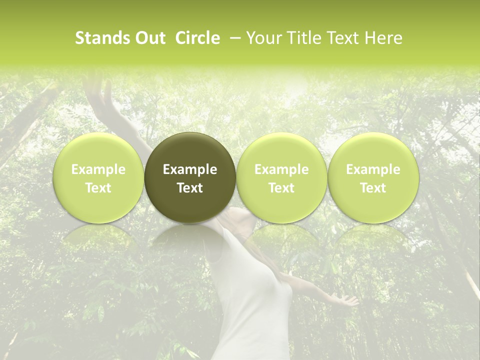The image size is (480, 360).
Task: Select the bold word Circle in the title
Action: click(197, 38)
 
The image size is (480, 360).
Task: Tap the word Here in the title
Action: click(382, 38)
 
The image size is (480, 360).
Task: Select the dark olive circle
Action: click(190, 177)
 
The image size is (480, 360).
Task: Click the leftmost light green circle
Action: click(98, 177)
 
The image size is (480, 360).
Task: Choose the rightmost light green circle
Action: click(373, 177)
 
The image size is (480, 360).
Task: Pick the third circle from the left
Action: click(281, 177)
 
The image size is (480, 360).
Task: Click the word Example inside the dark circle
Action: click(190, 169)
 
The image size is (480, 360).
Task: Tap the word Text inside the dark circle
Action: click(190, 188)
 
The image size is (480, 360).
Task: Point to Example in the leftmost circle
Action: click(98, 169)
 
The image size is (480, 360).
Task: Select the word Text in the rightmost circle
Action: click(373, 188)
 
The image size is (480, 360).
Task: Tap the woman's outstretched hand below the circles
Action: click(347, 300)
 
